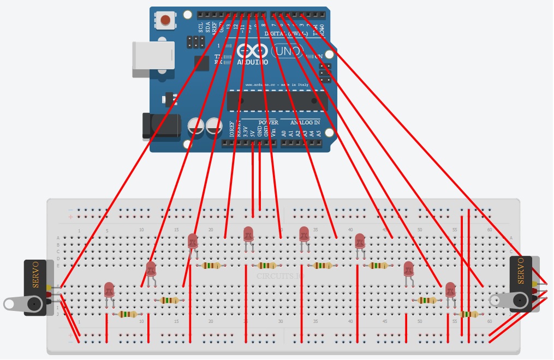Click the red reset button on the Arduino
pos(165,21)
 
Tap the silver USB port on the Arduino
pos(152,55)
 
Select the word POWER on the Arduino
pos(268,122)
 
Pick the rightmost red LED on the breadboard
pos(450,290)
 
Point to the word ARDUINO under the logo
pos(252,62)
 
